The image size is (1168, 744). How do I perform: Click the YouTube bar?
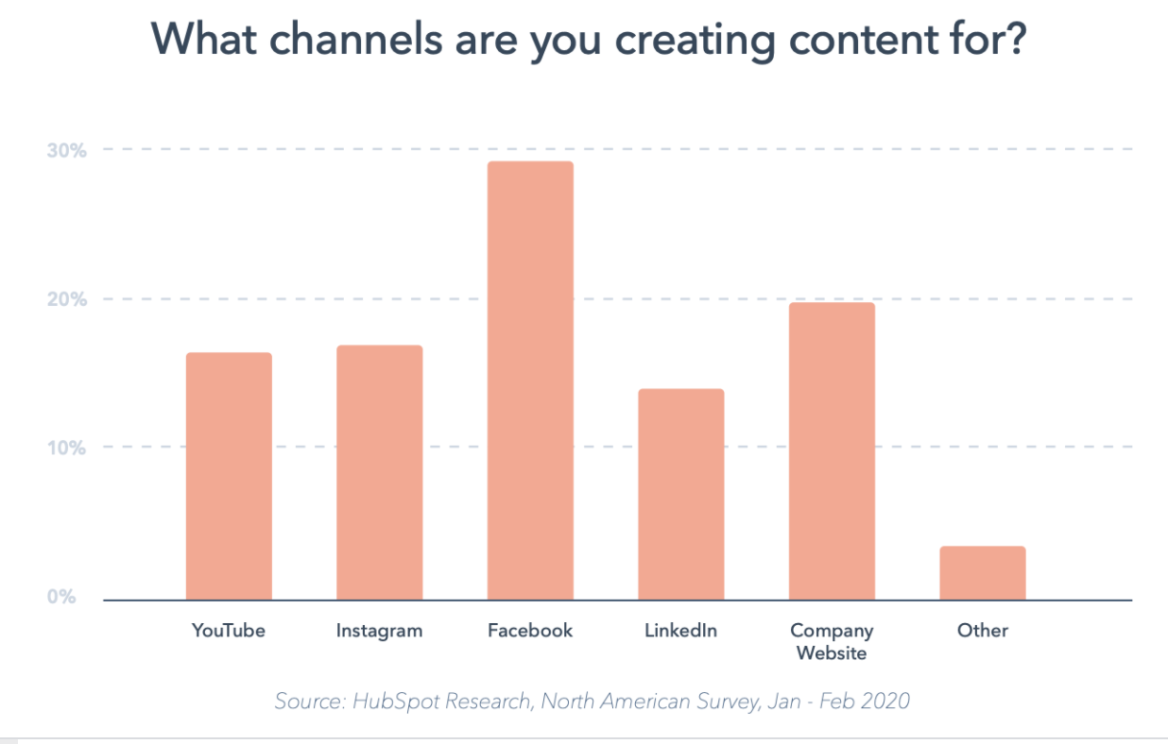coord(229,476)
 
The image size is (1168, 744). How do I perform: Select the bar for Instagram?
coord(379,472)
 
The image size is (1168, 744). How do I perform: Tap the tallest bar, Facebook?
coord(530,380)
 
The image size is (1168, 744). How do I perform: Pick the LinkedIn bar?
coord(680,494)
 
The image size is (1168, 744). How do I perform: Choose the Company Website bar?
coord(832,450)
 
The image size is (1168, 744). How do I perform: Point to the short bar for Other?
coord(982,572)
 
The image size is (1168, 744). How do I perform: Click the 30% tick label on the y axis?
coord(66,150)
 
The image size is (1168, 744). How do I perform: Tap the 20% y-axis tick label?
coord(66,299)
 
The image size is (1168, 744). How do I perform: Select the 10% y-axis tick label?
coord(66,448)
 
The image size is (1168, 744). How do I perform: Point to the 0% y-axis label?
coord(62,597)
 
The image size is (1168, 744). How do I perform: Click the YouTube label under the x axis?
coord(229,631)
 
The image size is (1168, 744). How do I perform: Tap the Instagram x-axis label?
coord(379,631)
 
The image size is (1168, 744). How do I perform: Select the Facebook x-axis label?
coord(530,631)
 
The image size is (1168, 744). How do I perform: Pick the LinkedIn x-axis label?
coord(680,631)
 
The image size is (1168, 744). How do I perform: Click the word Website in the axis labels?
coord(832,652)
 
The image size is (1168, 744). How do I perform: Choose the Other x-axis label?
coord(982,631)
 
